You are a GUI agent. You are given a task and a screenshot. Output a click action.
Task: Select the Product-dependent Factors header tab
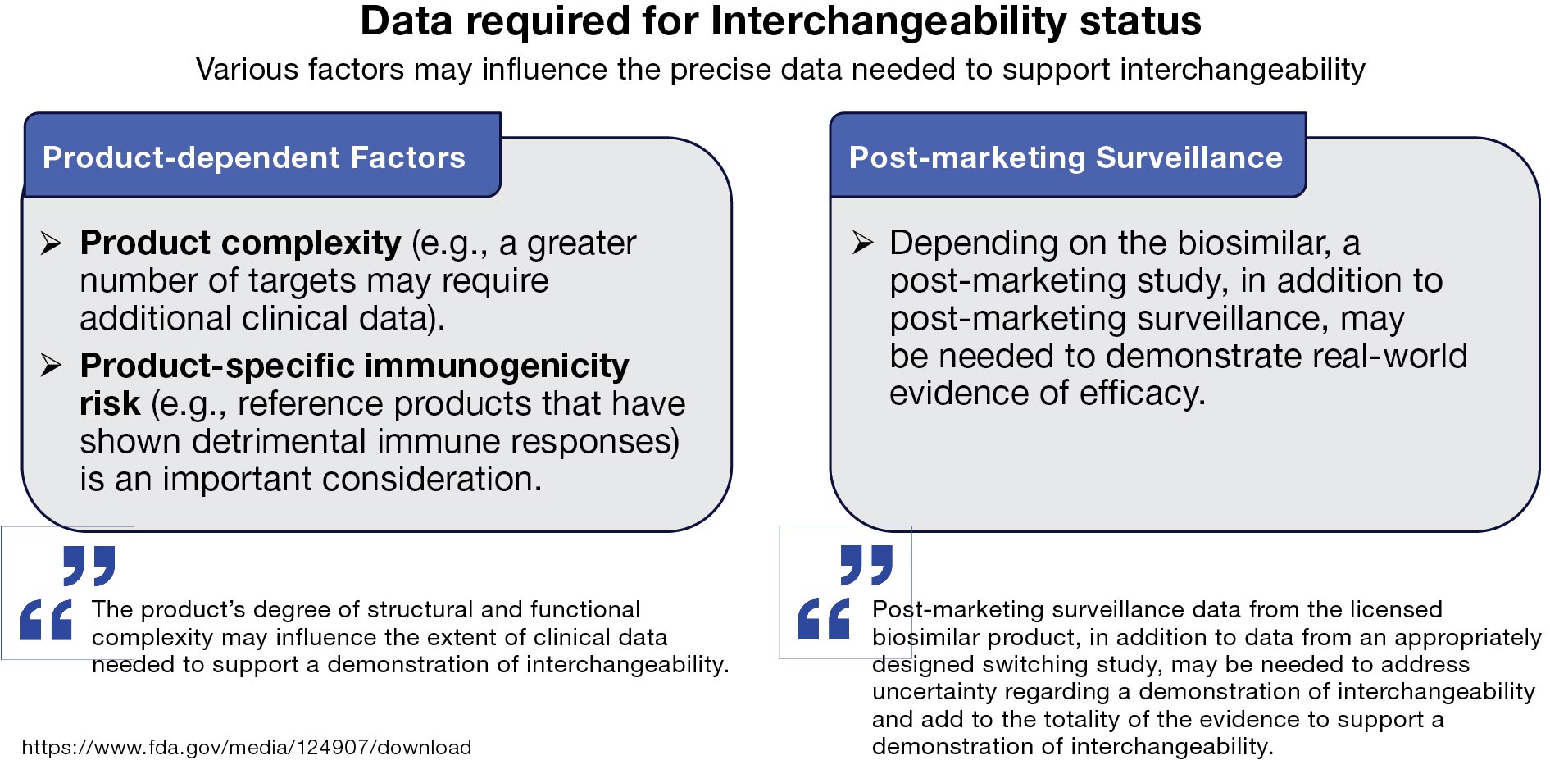click(x=254, y=157)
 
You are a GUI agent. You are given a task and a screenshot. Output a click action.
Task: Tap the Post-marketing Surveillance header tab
click(x=1066, y=157)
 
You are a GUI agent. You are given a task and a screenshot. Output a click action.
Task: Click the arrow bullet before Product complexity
click(x=52, y=243)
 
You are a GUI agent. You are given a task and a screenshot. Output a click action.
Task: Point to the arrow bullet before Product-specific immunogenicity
click(x=52, y=366)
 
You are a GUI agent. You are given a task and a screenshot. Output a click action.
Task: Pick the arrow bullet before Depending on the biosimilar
click(x=862, y=243)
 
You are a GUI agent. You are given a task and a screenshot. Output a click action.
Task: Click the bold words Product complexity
click(x=240, y=243)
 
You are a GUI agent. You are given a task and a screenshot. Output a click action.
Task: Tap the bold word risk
click(x=110, y=404)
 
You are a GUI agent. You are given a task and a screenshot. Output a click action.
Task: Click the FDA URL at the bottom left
click(x=246, y=747)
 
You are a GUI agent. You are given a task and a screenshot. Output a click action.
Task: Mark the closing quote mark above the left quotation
click(x=89, y=565)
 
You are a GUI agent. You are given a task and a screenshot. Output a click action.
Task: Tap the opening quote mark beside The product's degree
click(x=47, y=619)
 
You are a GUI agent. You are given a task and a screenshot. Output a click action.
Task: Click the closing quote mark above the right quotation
click(x=866, y=565)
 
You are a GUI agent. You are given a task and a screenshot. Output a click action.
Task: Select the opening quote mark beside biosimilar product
click(x=824, y=619)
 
